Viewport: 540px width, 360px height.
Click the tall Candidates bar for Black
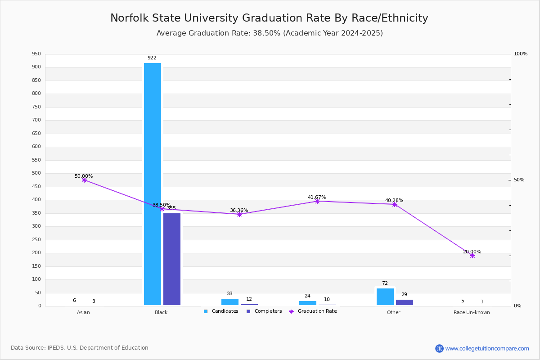(153, 184)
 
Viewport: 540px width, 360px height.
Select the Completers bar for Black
(172, 259)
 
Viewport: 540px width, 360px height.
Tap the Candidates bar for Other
(385, 297)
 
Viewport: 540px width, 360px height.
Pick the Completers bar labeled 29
(405, 302)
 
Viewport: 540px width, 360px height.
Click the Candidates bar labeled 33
(230, 302)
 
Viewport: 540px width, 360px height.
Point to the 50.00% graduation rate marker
(84, 180)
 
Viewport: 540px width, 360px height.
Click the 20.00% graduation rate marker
(472, 256)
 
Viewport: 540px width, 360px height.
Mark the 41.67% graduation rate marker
(317, 201)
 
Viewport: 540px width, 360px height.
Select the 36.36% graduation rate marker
(239, 214)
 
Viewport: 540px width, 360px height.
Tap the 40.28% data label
(394, 200)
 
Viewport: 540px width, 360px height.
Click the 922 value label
(152, 58)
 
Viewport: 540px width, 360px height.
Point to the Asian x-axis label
(83, 312)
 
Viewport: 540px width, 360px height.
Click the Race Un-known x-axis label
(472, 312)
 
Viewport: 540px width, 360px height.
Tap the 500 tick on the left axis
(36, 173)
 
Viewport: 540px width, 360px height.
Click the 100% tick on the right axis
(521, 54)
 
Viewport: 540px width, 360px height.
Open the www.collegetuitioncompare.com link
(487, 348)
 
